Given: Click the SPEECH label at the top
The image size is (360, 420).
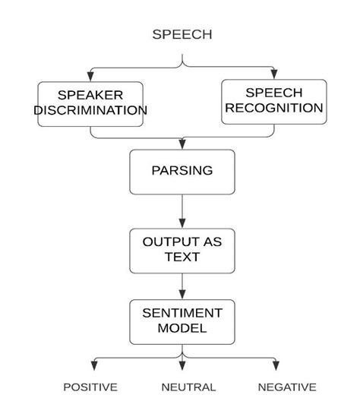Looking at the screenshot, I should pos(182,34).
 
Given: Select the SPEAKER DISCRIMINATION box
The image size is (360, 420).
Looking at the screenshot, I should pos(90,103).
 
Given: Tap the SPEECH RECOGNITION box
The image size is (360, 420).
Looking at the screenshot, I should pos(273,101).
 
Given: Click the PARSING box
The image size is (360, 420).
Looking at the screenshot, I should pos(182,171).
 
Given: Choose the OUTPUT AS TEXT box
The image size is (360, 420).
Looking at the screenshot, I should pos(182,250).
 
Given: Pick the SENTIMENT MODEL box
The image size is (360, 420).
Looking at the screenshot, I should pos(182,321).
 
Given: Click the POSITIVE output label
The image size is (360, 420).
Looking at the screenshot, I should pos(90,387).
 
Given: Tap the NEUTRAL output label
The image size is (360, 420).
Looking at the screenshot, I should pos(188,387).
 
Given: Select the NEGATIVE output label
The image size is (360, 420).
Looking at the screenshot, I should pos(286,387).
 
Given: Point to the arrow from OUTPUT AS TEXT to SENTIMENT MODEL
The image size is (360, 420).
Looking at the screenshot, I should pos(182,286).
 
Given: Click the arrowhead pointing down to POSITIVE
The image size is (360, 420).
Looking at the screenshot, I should pos(92,366).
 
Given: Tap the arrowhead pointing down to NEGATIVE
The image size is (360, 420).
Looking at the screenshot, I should pos(276,366).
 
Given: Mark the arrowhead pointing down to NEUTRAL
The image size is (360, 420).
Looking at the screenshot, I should pos(182,366).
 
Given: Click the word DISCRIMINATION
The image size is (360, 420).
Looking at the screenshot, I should pos(90,111).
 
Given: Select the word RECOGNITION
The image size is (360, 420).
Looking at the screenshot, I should pos(273,109).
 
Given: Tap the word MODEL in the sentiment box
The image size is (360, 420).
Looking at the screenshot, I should pos(182,329).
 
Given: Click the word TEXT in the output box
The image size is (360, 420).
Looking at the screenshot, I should pos(182,257).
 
